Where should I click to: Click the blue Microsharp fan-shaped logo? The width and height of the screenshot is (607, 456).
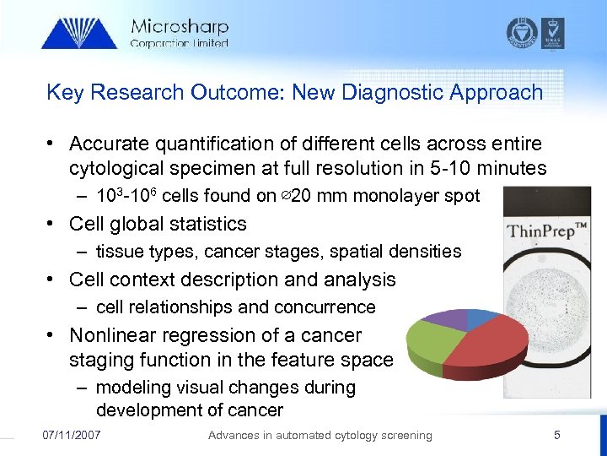click(79, 34)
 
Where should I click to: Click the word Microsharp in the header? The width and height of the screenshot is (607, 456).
click(179, 27)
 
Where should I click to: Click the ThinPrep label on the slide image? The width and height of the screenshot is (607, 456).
click(545, 231)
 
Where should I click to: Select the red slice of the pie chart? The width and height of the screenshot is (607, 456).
click(485, 346)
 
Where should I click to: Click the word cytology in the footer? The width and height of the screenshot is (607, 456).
click(362, 435)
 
